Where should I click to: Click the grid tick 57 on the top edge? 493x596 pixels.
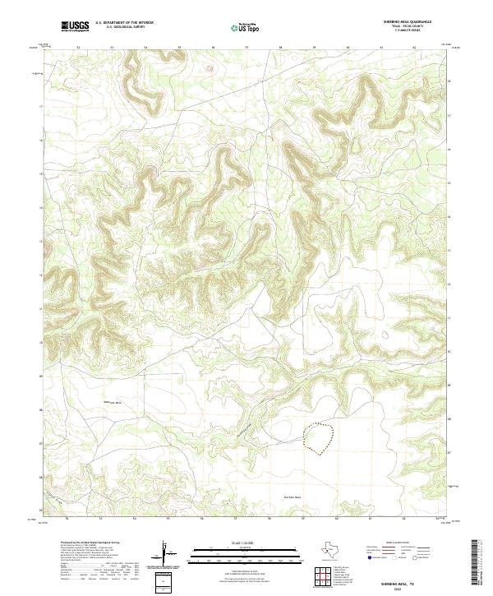tap(246, 48)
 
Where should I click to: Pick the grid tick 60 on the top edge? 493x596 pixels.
tap(348, 48)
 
